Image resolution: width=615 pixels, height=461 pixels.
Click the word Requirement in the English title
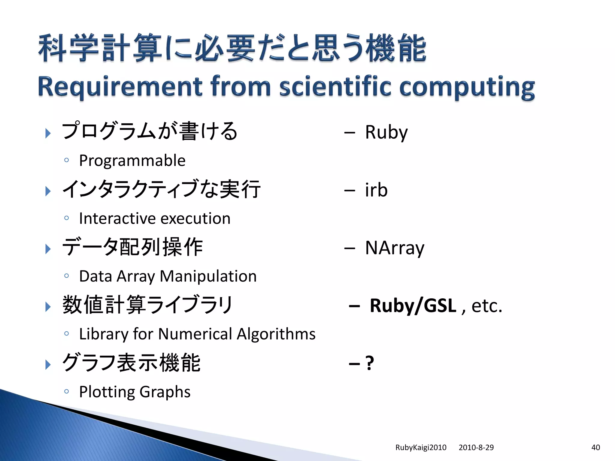(x=120, y=87)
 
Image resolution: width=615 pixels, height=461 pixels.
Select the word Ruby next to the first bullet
(x=386, y=132)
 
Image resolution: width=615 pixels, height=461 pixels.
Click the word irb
(x=376, y=190)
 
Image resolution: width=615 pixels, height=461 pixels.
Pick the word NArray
(x=395, y=248)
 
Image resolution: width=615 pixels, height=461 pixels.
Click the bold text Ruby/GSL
(x=413, y=306)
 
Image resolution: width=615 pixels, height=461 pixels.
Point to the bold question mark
(x=370, y=363)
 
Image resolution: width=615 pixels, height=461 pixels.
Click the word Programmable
(x=132, y=161)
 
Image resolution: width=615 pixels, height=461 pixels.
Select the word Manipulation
(x=208, y=276)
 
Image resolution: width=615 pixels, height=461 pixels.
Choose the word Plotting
(x=107, y=392)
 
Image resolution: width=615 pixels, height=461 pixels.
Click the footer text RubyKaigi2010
(x=421, y=447)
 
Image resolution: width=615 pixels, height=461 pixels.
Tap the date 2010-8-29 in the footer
(x=476, y=447)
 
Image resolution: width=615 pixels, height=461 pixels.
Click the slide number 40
(x=595, y=447)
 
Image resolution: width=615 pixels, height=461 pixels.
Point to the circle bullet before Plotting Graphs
(x=67, y=391)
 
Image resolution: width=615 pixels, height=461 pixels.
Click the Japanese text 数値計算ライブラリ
(x=147, y=305)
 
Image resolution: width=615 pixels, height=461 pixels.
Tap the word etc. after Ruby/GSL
(x=486, y=306)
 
